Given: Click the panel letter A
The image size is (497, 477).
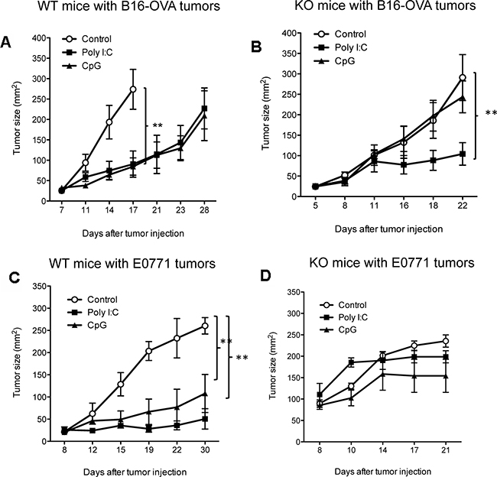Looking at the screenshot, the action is point(6,43).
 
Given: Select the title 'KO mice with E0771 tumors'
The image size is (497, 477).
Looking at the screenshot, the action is point(391,263).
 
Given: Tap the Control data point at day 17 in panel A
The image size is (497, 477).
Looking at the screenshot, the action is point(133,89).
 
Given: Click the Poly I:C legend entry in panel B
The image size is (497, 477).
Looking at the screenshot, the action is point(341,47).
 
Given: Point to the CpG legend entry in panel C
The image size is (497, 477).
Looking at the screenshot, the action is point(87,325).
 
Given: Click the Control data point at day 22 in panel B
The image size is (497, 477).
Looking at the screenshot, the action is point(463,78).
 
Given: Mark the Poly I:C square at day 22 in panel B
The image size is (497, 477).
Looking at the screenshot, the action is point(463,154).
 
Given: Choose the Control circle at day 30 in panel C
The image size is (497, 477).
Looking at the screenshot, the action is point(205,326).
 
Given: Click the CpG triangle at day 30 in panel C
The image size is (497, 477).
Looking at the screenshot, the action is point(205,394).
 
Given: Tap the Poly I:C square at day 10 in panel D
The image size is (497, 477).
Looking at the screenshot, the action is point(351,364).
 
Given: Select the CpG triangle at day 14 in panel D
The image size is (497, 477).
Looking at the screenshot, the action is point(383,375).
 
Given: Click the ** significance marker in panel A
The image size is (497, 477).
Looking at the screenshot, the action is point(158,126).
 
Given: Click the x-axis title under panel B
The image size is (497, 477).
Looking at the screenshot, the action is point(389,229).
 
